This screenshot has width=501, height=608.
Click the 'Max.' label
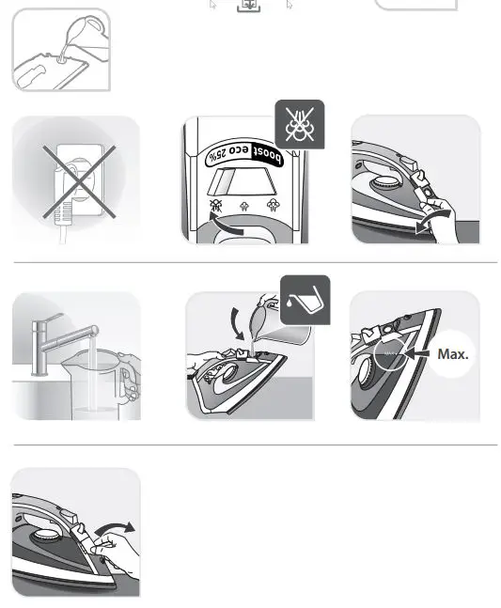coord(453,354)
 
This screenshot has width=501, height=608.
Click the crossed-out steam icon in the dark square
coord(298,124)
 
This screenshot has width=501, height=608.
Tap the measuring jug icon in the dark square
coord(305,300)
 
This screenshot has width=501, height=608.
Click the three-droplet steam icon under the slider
coord(273,204)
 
